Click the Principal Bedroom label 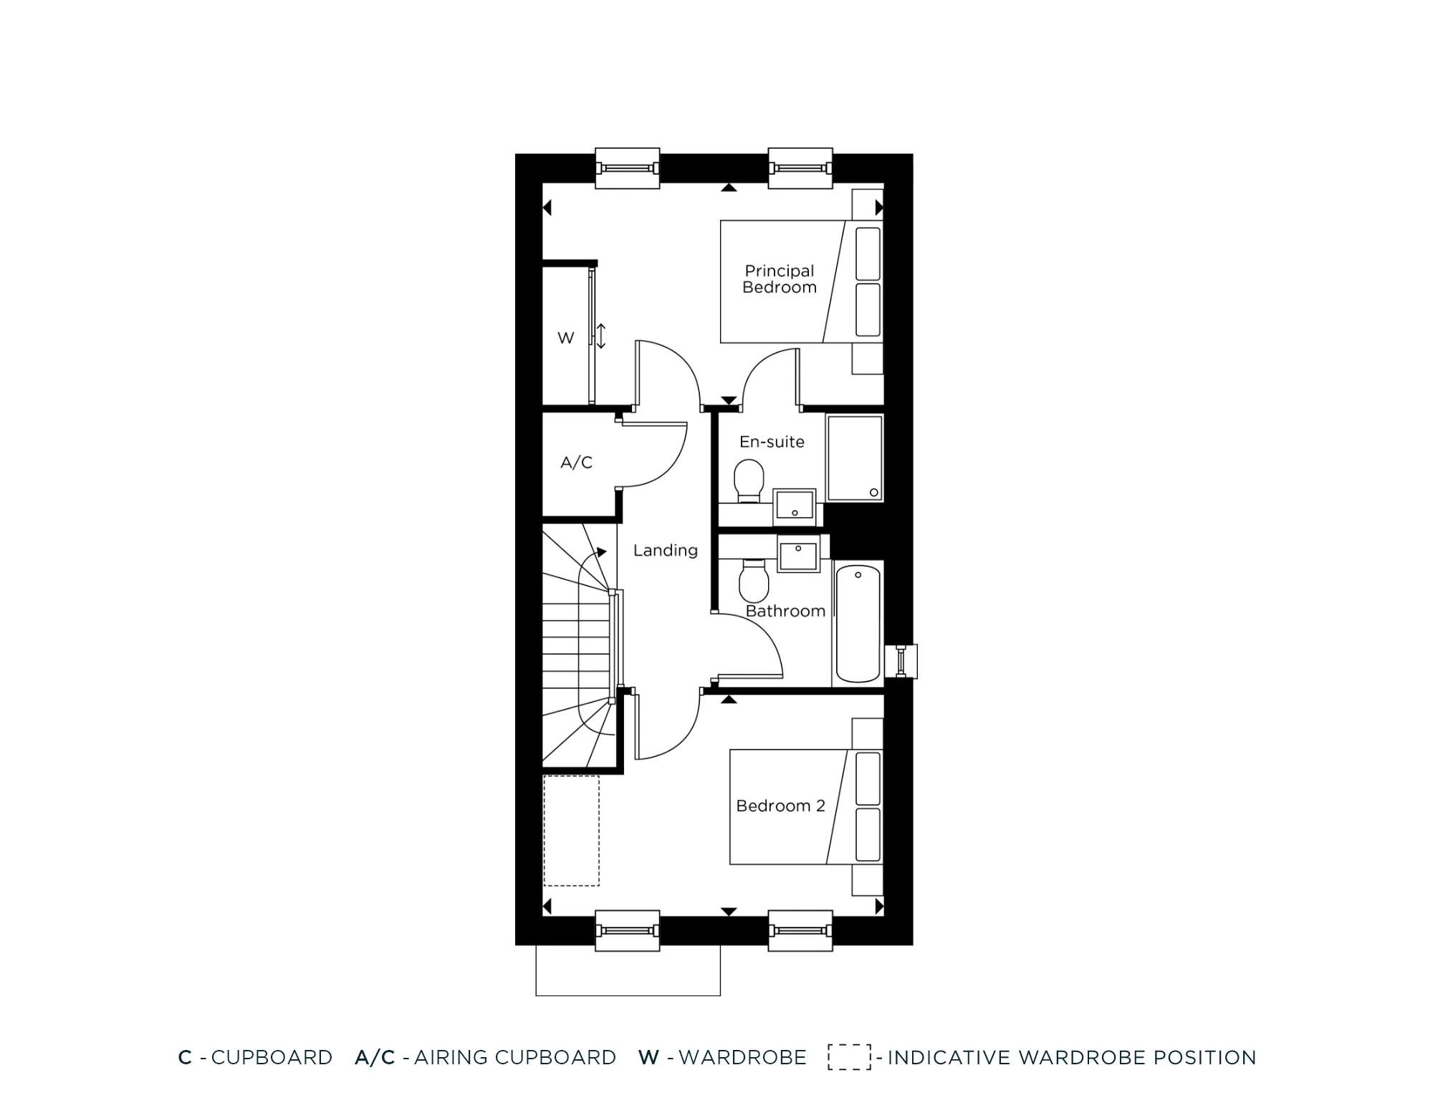coord(780,279)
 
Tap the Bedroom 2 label coord(780,806)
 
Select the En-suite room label coord(772,442)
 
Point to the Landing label coord(665,550)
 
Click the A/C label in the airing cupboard coord(576,463)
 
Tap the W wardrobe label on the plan coord(565,338)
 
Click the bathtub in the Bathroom coord(858,623)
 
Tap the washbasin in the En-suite coord(795,506)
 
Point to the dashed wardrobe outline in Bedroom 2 coord(571,831)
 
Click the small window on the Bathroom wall coord(901,661)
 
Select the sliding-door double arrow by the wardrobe coord(601,336)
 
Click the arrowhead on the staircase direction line coord(602,552)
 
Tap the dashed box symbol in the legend coord(849,1057)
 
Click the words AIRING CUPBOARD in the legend coord(514,1058)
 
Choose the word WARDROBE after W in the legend coord(742,1058)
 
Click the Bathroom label coord(785,611)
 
